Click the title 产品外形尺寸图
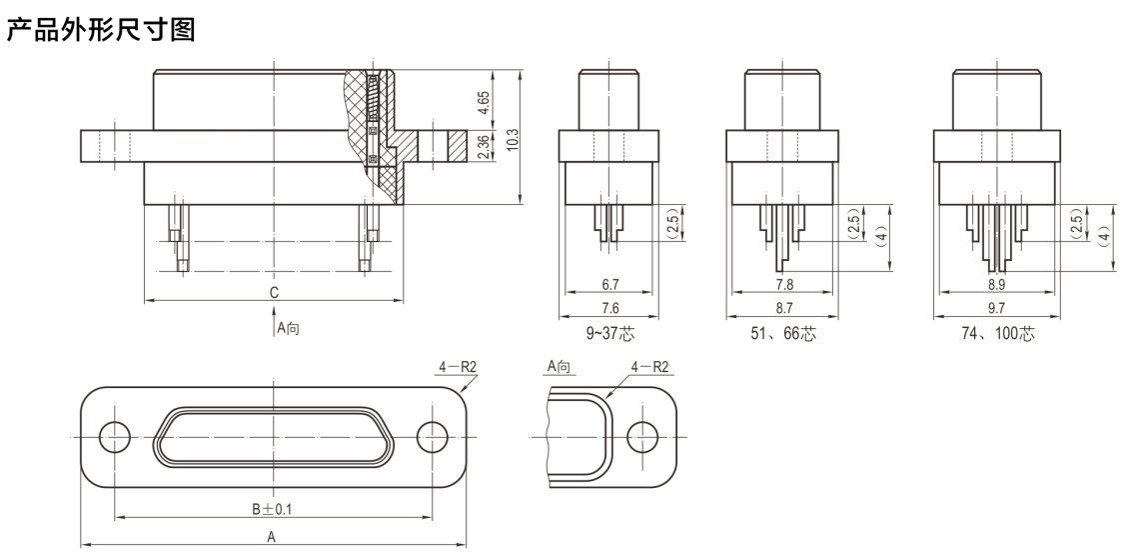[101, 30]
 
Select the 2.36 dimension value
[484, 148]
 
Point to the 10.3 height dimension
[513, 139]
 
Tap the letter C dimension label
[274, 292]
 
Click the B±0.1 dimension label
[273, 509]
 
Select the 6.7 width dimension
[610, 284]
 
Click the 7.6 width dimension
[610, 308]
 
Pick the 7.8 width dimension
[784, 284]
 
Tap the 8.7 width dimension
[784, 308]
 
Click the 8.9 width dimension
[996, 284]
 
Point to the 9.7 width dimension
[996, 308]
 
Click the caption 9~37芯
[610, 334]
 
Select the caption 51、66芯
[784, 334]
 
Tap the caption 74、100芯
[998, 334]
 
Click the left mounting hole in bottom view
[114, 437]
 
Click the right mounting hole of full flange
[432, 437]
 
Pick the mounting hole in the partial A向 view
[642, 437]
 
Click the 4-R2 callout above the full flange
[458, 367]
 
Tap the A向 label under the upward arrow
[289, 328]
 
